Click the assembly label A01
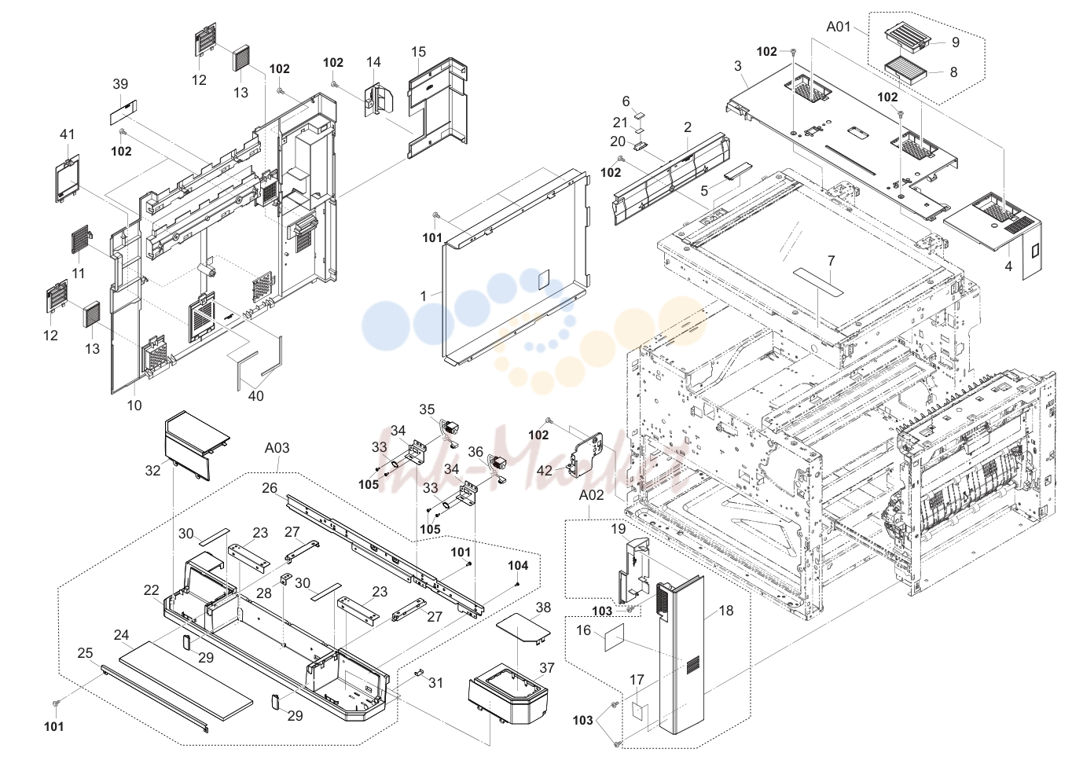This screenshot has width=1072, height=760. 838,27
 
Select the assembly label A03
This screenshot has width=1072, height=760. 277,448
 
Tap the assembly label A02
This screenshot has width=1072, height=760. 592,495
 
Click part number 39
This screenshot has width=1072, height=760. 120,84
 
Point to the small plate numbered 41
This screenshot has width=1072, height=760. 67,178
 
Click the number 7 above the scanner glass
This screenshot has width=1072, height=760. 832,261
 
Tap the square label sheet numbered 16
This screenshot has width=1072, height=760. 615,637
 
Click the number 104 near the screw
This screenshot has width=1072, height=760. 518,566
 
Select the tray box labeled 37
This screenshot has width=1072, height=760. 507,693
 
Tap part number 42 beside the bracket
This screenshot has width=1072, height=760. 545,471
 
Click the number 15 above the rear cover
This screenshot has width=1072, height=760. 418,52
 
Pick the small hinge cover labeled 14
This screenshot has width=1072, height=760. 379,99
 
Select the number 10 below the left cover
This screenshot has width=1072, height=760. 134,406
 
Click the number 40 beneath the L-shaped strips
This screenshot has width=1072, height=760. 256,396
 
